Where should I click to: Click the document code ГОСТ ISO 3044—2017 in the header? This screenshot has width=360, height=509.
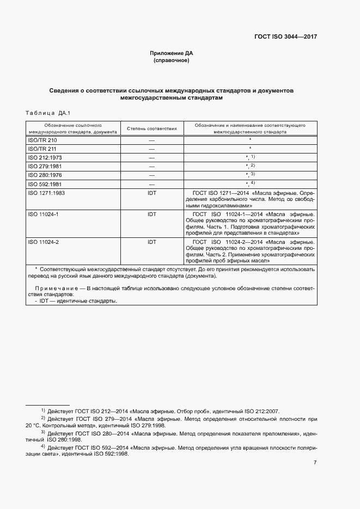285,37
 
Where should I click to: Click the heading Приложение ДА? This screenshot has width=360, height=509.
172,53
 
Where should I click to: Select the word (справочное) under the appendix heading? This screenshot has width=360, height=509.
172,60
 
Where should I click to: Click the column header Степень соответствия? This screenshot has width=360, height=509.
151,128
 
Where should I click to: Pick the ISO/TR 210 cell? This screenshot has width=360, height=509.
42,140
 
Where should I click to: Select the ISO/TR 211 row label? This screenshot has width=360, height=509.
42,149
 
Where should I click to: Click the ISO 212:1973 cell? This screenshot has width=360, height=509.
45,157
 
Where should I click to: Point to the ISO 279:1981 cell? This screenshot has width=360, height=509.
45,166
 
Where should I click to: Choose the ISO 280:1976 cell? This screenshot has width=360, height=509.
45,175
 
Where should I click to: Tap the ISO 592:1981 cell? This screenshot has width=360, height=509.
45,183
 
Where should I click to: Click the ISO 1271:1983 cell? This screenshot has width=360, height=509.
46,193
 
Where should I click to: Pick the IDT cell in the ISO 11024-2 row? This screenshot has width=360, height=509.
151,242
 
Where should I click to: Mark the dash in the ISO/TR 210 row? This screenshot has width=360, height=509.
151,140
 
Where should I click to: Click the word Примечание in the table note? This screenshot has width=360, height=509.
55,287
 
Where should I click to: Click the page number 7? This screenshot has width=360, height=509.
315,463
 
